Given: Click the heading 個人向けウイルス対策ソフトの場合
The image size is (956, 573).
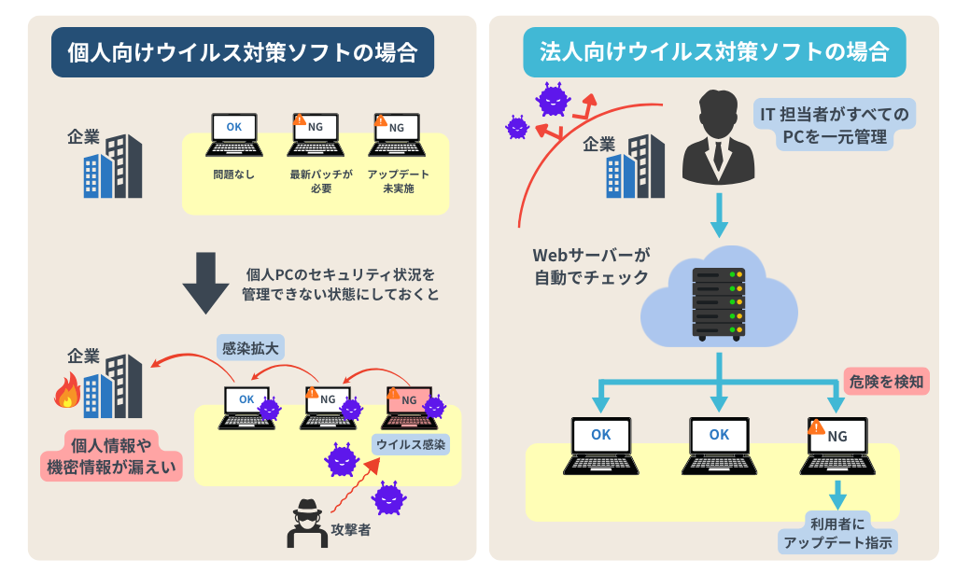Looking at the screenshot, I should tap(242, 52).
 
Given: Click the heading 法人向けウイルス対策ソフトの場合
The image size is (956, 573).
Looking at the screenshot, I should tap(714, 52).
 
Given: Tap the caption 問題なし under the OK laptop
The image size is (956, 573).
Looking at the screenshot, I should tap(232, 175).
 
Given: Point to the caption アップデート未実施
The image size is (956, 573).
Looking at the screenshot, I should tap(398, 181).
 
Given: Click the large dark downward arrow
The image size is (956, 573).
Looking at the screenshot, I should tap(205, 283).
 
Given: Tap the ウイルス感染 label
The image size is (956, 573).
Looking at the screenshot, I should tap(411, 442).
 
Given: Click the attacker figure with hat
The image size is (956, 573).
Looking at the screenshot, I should tap(306, 523).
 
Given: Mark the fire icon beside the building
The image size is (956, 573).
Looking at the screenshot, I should tap(67, 393).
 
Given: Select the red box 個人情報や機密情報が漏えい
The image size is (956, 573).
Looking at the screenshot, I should tap(111, 454).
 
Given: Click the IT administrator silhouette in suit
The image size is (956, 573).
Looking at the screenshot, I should tap(716, 137).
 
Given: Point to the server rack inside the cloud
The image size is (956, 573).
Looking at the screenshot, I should tap(719, 301).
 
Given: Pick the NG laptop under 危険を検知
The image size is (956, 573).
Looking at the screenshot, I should tap(836, 444).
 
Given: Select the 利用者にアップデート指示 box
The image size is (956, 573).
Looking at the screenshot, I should tap(837, 533).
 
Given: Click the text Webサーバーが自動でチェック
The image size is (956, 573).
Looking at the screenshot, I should tap(591, 265).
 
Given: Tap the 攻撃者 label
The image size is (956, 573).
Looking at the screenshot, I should tap(350, 530).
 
